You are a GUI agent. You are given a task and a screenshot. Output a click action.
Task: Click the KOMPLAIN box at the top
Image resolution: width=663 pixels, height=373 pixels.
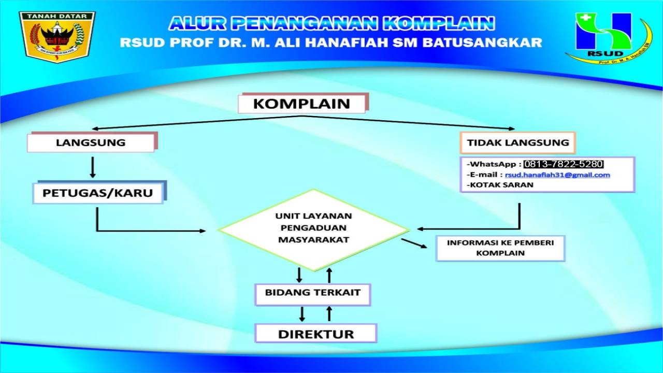point(301,104)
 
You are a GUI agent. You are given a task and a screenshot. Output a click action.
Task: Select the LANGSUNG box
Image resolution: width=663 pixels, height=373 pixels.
point(91,143)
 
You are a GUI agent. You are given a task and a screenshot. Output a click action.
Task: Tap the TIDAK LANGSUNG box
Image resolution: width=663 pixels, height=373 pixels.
point(517,143)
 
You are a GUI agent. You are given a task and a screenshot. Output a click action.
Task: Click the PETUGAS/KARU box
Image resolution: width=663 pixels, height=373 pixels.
point(97,194)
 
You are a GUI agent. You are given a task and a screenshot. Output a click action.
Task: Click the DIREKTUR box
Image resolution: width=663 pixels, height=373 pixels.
point(315,334)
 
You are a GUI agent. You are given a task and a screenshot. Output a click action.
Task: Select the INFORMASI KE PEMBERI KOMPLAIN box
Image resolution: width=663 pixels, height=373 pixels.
point(500,248)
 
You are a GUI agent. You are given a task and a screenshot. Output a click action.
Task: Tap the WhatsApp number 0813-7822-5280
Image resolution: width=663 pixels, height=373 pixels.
point(563,164)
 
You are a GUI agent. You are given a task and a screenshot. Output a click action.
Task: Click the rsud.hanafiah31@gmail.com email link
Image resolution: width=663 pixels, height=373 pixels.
point(557,175)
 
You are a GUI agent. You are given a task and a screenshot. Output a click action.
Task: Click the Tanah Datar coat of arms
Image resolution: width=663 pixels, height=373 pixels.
point(57,36)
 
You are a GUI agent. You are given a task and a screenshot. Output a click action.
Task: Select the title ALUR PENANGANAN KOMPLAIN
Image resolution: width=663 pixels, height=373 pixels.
point(331,23)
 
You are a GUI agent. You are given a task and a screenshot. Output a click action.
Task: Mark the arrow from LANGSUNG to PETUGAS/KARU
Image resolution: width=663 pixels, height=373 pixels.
point(93,167)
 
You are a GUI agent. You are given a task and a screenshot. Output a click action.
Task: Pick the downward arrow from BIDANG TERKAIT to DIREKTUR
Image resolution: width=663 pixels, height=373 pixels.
point(302,314)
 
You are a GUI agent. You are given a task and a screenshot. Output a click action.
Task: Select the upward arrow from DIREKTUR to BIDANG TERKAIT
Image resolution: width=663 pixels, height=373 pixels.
point(329,313)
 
